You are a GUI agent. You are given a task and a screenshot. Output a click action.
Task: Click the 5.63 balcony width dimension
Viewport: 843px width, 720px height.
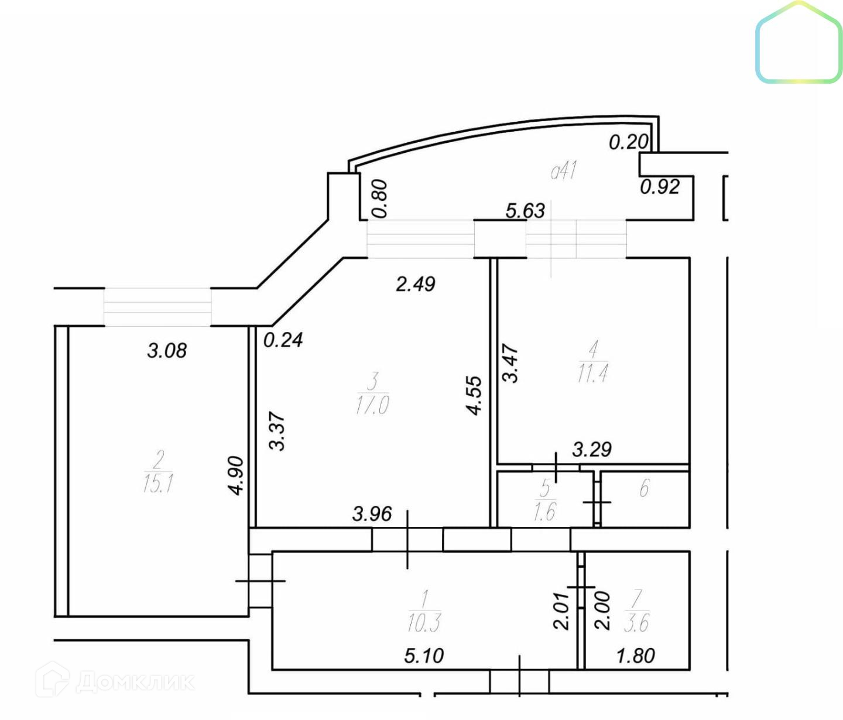[525, 210]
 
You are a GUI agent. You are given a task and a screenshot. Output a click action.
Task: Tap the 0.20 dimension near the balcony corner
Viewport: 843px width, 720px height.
[628, 142]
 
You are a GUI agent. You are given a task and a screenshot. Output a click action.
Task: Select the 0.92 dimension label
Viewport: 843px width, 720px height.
[659, 187]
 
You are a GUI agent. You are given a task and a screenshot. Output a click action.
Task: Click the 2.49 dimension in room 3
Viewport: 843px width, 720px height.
[415, 284]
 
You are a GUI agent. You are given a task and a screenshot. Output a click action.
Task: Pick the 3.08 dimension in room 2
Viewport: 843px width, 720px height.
[167, 351]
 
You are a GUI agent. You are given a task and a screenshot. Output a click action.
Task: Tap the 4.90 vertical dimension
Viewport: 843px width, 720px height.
[236, 475]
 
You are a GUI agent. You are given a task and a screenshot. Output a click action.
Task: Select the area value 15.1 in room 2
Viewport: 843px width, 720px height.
[157, 484]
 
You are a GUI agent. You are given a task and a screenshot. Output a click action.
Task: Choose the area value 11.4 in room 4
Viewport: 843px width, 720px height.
[592, 373]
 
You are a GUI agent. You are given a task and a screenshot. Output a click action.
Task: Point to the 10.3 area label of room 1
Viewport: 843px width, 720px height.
[424, 623]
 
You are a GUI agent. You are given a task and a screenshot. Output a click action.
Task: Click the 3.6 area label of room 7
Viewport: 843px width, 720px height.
[636, 623]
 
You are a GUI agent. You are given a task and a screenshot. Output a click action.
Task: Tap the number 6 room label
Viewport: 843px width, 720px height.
[644, 488]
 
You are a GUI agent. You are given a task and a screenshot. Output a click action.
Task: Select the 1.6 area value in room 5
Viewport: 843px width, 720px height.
[544, 512]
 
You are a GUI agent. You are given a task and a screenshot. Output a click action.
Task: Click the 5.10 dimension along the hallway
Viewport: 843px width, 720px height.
[424, 656]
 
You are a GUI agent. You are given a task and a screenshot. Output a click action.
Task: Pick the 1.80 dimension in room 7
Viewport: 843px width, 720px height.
[635, 656]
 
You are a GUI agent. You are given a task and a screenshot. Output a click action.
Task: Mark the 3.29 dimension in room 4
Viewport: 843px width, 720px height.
[591, 450]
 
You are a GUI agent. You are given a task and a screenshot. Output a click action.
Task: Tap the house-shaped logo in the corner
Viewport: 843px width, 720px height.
[799, 43]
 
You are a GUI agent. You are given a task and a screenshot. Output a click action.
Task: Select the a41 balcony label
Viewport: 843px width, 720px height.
[564, 170]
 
